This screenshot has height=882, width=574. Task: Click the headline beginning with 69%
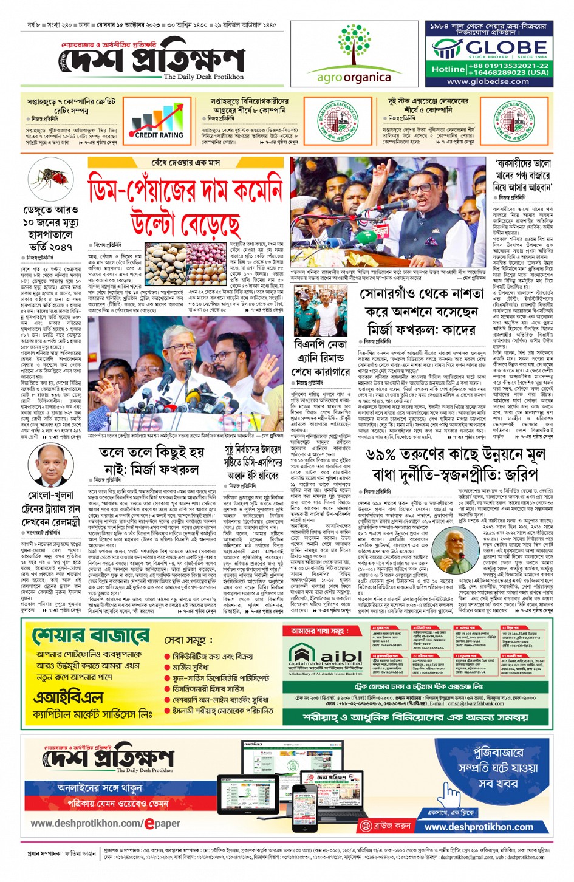click(x=452, y=464)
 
